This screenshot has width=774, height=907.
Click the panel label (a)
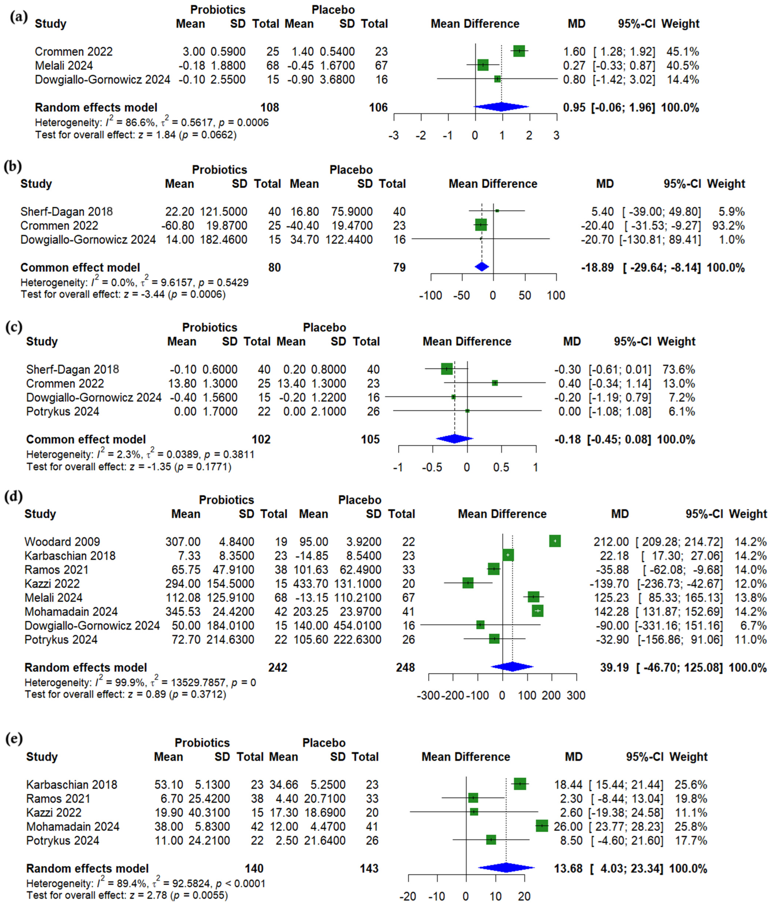[18, 17]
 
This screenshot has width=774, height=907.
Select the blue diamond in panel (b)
[482, 267]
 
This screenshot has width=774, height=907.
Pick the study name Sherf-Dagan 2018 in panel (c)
[72, 369]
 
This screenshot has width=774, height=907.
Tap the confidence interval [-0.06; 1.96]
[623, 108]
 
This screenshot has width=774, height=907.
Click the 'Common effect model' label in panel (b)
[80, 267]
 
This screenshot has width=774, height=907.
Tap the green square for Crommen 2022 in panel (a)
[519, 51]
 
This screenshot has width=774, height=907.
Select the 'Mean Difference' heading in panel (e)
[465, 757]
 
